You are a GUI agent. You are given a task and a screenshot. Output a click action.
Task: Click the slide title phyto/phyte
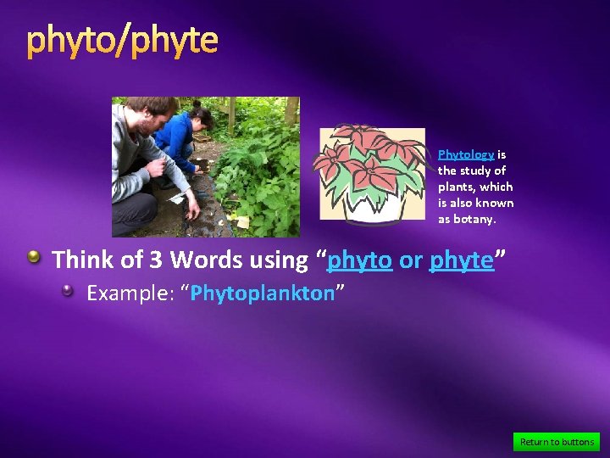pyautogui.click(x=122, y=40)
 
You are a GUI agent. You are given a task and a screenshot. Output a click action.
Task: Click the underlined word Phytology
pyautogui.click(x=465, y=154)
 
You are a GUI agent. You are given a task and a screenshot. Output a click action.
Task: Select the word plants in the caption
pyautogui.click(x=457, y=187)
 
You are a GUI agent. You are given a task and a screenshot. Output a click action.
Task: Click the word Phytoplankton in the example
pyautogui.click(x=263, y=293)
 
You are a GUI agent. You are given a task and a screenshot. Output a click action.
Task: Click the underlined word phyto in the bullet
pyautogui.click(x=359, y=260)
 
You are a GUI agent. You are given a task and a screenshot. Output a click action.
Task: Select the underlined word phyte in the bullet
pyautogui.click(x=461, y=260)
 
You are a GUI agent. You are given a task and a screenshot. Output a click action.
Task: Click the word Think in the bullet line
pyautogui.click(x=86, y=260)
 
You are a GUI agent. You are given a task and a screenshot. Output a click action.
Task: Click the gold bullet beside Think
pyautogui.click(x=34, y=257)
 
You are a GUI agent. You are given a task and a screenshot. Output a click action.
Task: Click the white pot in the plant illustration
pyautogui.click(x=373, y=206)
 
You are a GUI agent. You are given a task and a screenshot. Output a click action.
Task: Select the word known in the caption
pyautogui.click(x=496, y=203)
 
